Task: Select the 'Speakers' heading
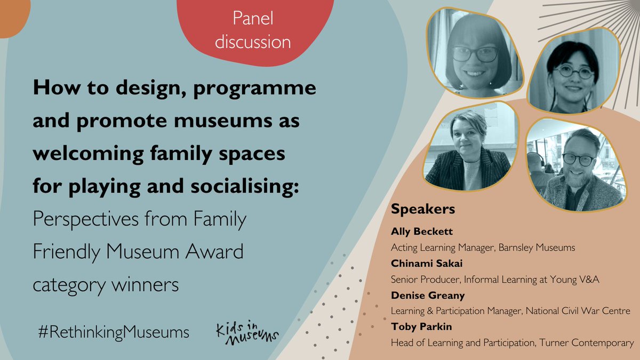[423, 209]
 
